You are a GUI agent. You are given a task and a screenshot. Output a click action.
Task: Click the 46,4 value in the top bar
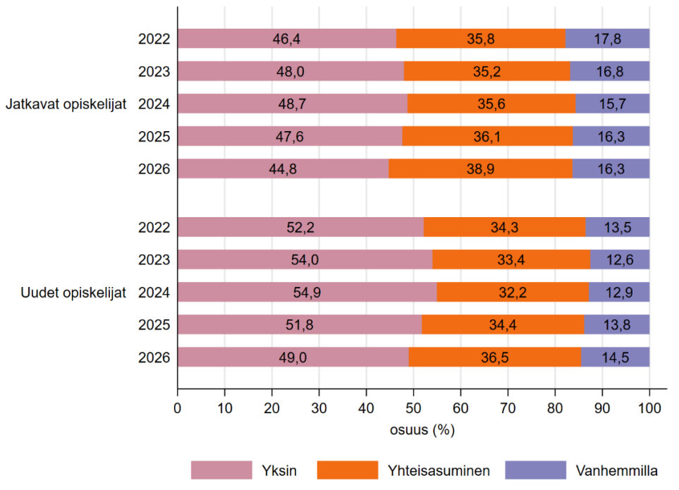[x=286, y=39]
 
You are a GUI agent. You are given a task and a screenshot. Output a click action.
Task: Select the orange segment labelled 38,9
[x=480, y=169]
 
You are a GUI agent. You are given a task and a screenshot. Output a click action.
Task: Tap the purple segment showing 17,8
[x=607, y=39]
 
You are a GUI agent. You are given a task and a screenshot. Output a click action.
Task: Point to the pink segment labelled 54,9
[x=307, y=292]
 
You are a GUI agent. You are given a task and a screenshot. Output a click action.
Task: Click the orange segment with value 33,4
[x=511, y=259]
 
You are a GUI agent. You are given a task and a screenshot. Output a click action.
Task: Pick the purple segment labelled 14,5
[x=615, y=357]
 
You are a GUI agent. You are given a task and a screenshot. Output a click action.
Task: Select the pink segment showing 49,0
[x=293, y=357]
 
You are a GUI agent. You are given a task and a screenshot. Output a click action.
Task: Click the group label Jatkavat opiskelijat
[x=66, y=104]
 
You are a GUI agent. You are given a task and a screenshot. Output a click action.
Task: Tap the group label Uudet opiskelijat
[x=73, y=293]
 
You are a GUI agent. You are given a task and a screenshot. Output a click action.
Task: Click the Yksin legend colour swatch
[x=221, y=470]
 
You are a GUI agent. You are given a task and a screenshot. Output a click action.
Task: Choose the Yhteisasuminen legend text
[x=439, y=470]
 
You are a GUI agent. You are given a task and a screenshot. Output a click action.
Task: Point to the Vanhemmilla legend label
[x=616, y=470]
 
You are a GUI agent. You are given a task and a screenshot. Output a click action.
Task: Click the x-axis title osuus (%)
[x=422, y=430]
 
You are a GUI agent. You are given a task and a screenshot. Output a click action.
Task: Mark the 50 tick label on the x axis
[x=413, y=408]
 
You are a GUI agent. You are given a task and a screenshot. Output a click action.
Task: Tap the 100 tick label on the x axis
[x=649, y=408]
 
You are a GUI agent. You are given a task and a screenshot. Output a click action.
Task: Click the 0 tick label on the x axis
[x=177, y=408]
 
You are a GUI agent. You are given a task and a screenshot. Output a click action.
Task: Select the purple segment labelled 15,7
[x=612, y=104]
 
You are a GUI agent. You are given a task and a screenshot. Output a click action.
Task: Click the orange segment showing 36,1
[x=487, y=136]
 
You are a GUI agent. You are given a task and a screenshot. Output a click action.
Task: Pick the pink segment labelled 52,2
[x=300, y=227]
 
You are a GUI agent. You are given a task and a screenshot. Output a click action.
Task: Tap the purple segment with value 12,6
[x=620, y=259]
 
